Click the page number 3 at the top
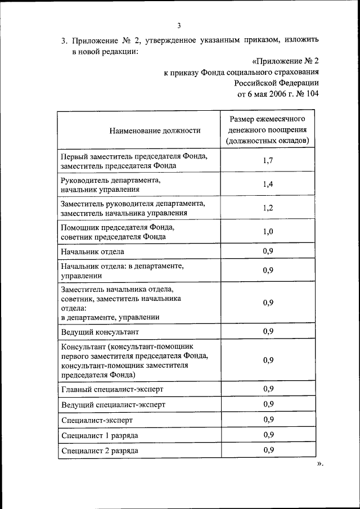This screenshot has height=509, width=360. tap(179, 25)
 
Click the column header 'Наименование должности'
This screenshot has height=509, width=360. tap(155, 130)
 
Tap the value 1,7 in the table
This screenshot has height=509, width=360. tap(268, 161)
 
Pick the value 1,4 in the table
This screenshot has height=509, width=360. tap(268, 184)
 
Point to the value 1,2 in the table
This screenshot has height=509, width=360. tap(268, 208)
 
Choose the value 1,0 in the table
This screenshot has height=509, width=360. tap(268, 232)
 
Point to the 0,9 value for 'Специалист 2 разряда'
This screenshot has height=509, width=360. tap(268, 450)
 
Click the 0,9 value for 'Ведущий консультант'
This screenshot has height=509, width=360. tap(268, 331)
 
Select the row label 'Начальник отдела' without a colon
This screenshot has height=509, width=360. tap(92, 252)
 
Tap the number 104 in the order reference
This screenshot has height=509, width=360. tap(312, 94)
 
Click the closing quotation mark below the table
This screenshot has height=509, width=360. tap(321, 465)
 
